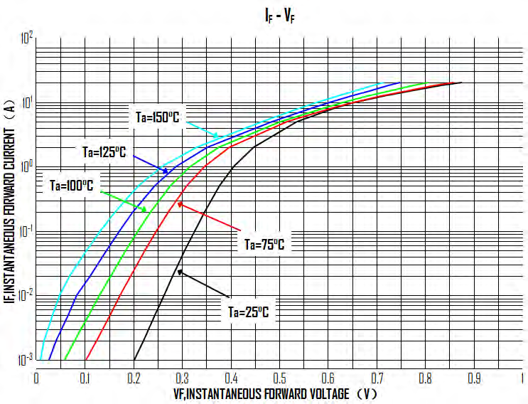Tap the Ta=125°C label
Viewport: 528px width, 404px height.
pos(104,151)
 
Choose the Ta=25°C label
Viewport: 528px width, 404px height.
pos(248,311)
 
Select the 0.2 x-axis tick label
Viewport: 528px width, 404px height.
pos(134,376)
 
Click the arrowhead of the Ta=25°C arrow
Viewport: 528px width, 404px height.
pos(178,270)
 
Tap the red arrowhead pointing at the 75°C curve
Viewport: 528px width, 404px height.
pos(178,203)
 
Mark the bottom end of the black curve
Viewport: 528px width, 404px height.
pos(134,360)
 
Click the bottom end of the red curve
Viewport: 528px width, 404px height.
pos(85,360)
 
